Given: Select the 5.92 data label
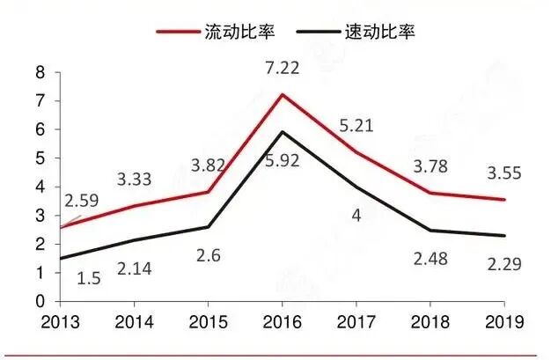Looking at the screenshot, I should (282, 160).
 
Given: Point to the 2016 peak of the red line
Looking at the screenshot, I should (281, 94).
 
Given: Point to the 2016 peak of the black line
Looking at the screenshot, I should (281, 131).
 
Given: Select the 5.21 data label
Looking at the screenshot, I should (356, 125).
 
